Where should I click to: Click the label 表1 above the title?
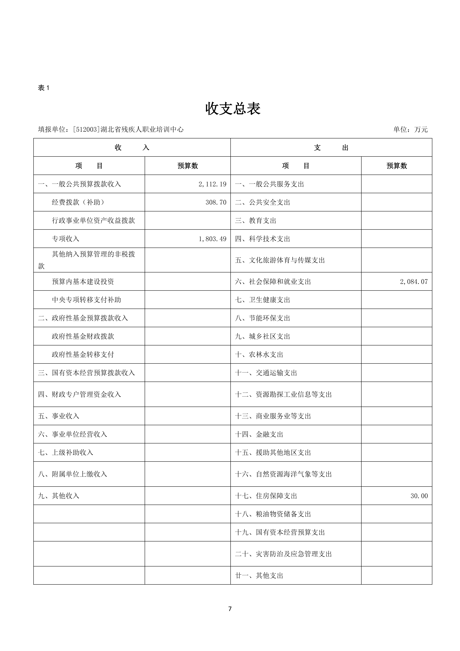coord(44,88)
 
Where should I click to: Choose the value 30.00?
coord(419,496)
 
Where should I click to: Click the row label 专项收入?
coord(65,239)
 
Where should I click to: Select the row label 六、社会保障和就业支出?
coord(273,282)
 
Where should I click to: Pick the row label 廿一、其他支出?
coord(259,576)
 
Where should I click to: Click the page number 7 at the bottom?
coord(230,609)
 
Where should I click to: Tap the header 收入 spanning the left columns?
coord(132,147)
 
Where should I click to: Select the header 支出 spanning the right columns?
coord(331,147)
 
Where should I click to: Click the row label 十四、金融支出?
coord(259,434)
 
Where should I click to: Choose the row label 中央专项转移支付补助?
coord(86,300)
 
